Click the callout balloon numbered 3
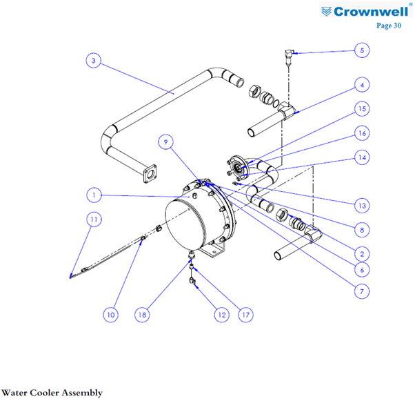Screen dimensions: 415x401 (94, 61)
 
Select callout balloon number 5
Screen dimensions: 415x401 (362, 50)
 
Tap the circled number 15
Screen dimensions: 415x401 (362, 109)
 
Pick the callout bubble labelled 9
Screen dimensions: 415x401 (165, 141)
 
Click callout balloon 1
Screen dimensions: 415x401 (94, 195)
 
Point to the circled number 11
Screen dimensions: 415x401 (94, 219)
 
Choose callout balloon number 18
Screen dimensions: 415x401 (142, 315)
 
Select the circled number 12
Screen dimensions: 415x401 (221, 315)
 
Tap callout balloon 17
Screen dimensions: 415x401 (245, 315)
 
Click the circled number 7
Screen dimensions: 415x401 (361, 291)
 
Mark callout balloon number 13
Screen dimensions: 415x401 (362, 206)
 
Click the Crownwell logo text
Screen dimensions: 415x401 (371, 12)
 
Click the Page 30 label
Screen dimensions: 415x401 (389, 26)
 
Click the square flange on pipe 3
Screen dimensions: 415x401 (150, 174)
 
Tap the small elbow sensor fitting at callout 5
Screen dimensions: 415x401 (290, 53)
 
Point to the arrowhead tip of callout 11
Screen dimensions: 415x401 (70, 277)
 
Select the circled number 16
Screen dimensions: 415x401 (362, 133)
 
